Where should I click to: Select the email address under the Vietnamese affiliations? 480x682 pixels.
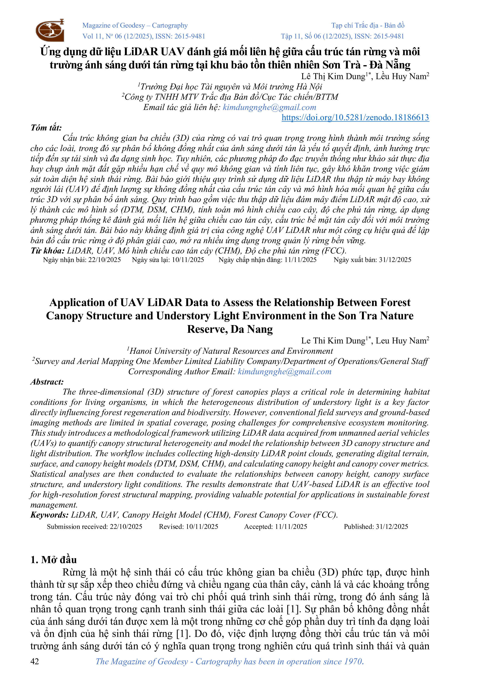[269, 107]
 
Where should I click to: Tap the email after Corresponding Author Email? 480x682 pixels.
[284, 372]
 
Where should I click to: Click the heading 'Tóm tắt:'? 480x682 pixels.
[46, 128]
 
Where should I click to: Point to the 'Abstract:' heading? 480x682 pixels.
[47, 382]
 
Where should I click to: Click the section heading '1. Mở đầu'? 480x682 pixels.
[53, 560]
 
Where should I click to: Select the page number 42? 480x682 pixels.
[35, 661]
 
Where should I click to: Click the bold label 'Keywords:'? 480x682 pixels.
[49, 515]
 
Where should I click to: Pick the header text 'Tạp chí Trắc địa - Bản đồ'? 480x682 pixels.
[368, 25]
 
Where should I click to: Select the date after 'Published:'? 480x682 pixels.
[392, 527]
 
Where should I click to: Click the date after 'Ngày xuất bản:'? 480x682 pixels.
[395, 260]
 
